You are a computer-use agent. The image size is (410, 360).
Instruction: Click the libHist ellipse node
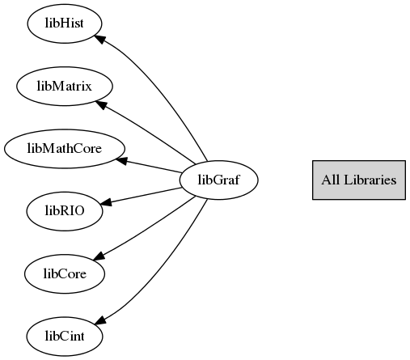click(x=65, y=23)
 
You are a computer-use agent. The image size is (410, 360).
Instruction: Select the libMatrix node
click(x=65, y=86)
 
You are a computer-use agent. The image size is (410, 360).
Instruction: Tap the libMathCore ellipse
click(x=65, y=149)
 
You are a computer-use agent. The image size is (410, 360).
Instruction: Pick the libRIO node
click(x=65, y=211)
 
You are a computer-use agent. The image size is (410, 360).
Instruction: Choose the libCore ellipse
click(x=65, y=273)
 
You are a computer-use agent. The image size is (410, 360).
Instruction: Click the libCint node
click(x=65, y=337)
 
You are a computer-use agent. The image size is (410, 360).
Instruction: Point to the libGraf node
click(x=218, y=180)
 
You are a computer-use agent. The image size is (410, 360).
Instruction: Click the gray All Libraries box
click(x=359, y=180)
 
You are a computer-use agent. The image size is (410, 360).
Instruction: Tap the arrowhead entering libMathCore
click(x=121, y=161)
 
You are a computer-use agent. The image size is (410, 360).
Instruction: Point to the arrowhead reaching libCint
click(x=99, y=320)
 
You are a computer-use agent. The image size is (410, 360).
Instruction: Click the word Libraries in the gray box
click(x=370, y=180)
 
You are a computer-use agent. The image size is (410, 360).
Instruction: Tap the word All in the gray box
click(x=331, y=180)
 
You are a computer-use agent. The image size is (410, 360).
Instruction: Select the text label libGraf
click(x=218, y=180)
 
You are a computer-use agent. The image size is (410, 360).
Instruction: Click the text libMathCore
click(x=65, y=149)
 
